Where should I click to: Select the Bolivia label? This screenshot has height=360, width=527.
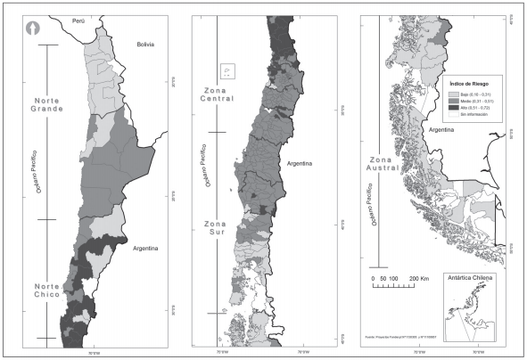tap(146, 44)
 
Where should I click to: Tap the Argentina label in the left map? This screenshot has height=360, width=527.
tap(141, 250)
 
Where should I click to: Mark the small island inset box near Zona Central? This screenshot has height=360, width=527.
tap(226, 70)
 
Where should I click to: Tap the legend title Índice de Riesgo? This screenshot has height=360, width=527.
tap(473, 83)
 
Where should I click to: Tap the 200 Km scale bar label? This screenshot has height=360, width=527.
tap(420, 280)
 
